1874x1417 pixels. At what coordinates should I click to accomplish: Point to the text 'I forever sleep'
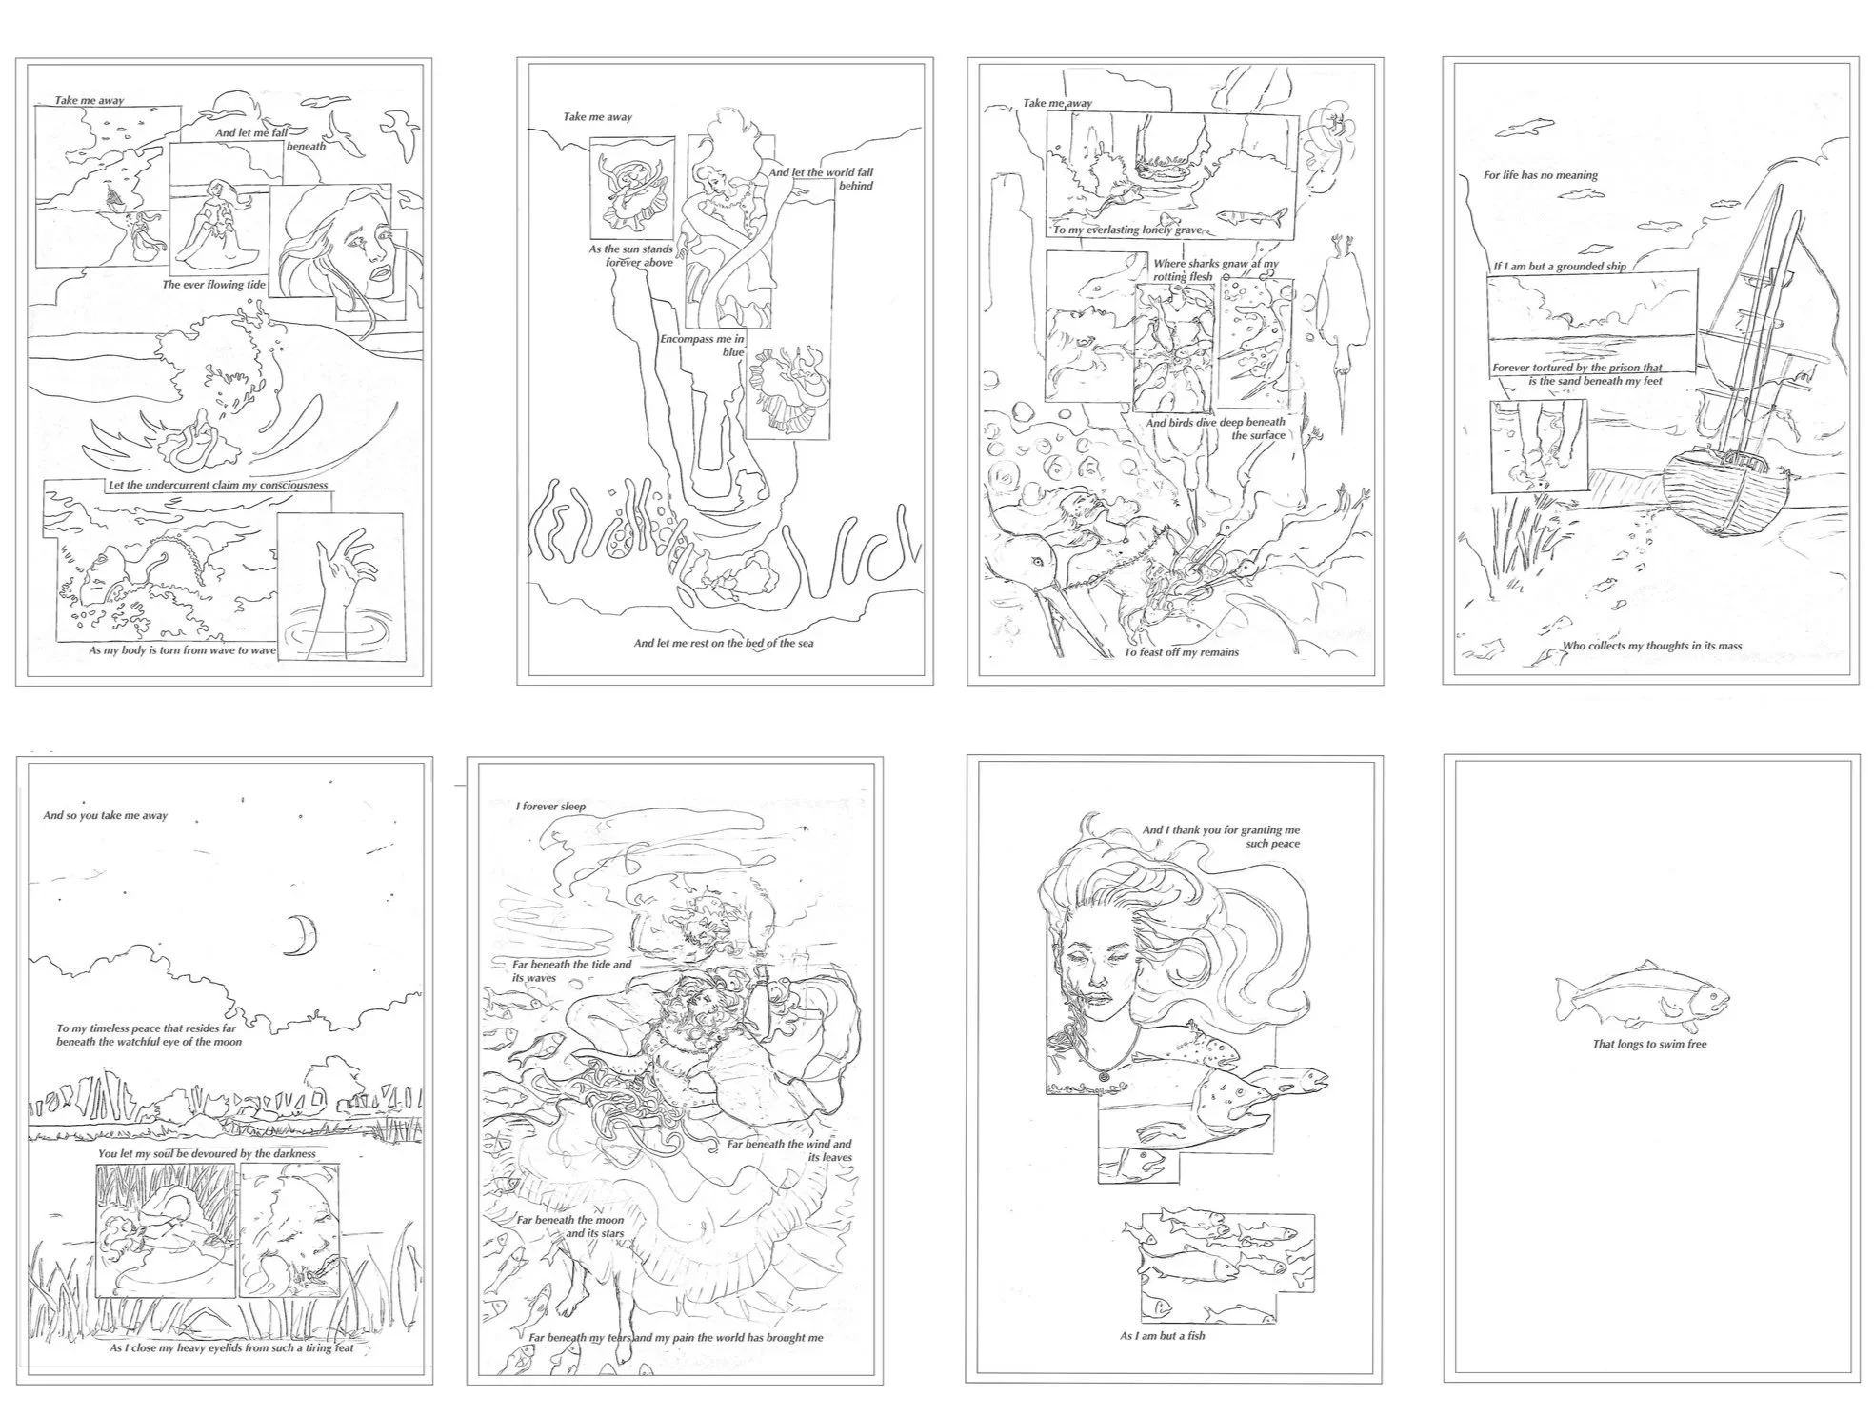click(x=550, y=807)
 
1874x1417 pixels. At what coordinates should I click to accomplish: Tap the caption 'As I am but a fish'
click(x=1162, y=1336)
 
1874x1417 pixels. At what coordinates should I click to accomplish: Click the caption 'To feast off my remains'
click(x=1181, y=652)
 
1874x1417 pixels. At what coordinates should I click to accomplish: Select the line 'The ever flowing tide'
click(x=214, y=285)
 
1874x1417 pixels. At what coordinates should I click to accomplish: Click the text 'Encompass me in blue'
click(x=703, y=346)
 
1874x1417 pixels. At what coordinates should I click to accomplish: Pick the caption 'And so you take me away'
click(x=105, y=816)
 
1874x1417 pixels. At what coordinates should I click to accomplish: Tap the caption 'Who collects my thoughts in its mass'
click(x=1651, y=646)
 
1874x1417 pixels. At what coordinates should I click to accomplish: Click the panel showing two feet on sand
click(x=1538, y=446)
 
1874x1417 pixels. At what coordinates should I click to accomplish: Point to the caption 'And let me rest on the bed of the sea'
click(x=724, y=643)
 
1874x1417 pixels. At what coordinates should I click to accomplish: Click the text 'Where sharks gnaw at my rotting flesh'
click(x=1215, y=270)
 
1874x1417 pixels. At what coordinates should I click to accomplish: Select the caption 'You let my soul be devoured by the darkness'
click(x=207, y=1153)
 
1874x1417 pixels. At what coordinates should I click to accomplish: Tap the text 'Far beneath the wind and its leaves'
click(x=789, y=1150)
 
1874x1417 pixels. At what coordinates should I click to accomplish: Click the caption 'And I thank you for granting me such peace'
click(x=1221, y=837)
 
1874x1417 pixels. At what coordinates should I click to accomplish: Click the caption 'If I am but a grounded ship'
click(x=1560, y=267)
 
